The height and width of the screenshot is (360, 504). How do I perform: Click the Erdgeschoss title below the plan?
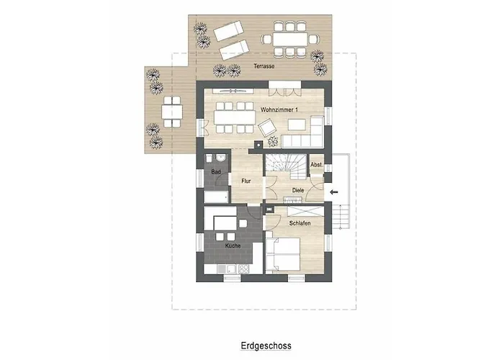[266, 346]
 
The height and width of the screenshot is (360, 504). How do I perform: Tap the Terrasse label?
[264, 66]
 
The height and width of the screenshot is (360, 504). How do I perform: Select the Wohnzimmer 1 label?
[279, 110]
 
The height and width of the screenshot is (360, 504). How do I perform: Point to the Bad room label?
[216, 172]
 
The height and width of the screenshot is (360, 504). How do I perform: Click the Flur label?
[246, 181]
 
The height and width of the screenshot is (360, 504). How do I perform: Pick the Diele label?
[298, 190]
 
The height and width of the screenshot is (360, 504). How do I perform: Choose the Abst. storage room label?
[316, 165]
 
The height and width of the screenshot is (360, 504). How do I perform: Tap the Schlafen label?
[300, 223]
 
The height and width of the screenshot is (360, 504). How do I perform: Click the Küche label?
[233, 246]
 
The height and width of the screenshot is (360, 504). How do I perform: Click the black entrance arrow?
[334, 192]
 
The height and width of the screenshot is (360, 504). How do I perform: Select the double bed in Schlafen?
[283, 254]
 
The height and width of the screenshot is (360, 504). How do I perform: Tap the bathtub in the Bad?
[216, 197]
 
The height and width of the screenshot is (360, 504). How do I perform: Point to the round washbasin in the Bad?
[221, 158]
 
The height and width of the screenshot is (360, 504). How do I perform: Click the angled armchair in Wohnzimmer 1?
[267, 127]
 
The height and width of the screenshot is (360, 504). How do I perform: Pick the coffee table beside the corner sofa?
[297, 125]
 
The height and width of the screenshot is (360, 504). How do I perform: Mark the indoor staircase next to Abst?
[285, 166]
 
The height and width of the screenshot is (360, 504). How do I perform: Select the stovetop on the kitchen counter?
[243, 269]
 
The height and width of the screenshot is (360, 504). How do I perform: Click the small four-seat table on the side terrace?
[172, 112]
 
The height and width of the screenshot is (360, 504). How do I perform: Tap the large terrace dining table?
[291, 40]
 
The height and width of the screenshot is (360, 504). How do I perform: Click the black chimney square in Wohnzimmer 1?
[258, 145]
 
